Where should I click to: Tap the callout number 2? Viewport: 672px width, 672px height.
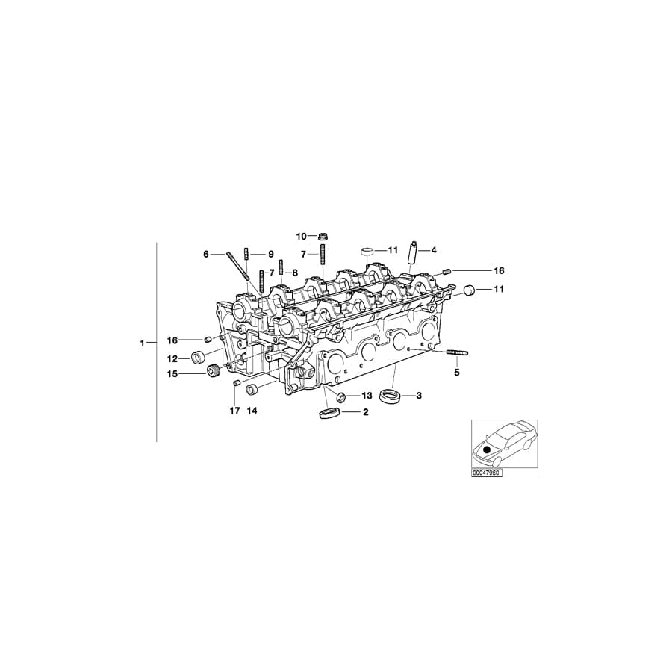365,411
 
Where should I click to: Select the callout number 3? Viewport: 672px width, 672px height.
419,395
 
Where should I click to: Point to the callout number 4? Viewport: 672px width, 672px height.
433,249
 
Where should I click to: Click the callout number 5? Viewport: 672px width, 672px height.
457,371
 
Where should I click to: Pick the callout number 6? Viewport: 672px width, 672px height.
206,254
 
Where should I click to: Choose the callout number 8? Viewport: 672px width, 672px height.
294,273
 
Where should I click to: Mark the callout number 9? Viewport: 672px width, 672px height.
271,254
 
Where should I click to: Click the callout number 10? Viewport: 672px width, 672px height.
301,236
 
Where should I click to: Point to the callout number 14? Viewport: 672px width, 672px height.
252,411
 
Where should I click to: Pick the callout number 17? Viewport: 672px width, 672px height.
234,411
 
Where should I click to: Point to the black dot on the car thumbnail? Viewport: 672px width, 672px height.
487,450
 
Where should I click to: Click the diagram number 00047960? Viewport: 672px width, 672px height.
487,473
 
